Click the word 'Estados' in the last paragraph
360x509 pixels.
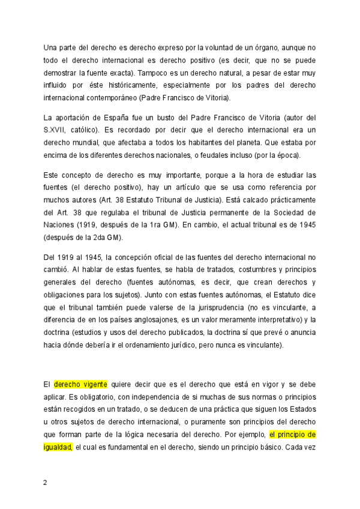[x=301, y=409]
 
